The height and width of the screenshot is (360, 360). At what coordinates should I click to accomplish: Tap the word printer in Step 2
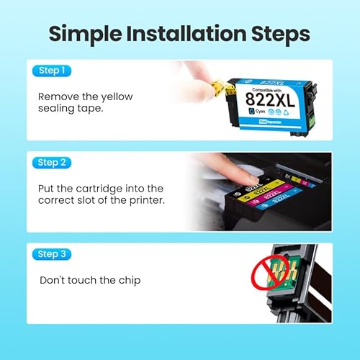pyautogui.click(x=146, y=202)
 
